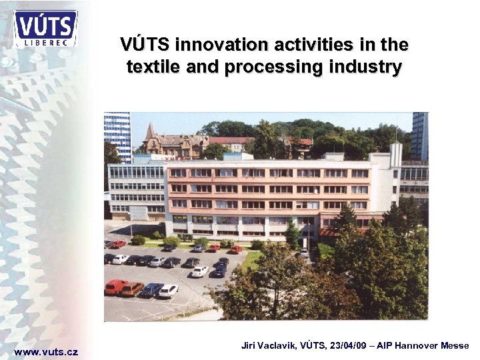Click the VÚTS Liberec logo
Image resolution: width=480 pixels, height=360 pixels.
click(x=45, y=29)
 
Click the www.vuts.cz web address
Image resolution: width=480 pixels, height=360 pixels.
click(x=46, y=351)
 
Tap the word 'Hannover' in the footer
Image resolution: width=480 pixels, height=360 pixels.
click(x=417, y=345)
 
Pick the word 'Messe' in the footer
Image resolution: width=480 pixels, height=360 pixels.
click(x=456, y=345)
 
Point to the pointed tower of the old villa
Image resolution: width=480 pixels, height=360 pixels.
click(x=150, y=131)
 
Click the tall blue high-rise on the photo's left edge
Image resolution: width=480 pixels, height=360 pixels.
click(x=117, y=137)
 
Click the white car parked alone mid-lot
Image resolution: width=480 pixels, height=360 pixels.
click(x=199, y=271)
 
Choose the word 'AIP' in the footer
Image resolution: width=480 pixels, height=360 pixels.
click(x=385, y=345)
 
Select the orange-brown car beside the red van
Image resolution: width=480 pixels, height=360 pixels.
click(x=132, y=289)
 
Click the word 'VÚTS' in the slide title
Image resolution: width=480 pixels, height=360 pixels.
click(x=145, y=45)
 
